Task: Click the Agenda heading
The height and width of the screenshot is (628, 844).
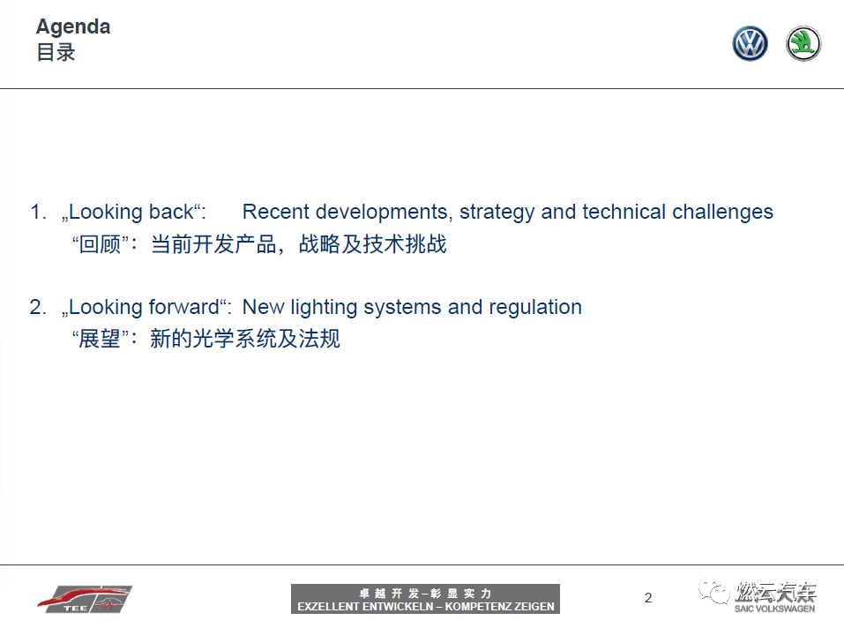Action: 73,27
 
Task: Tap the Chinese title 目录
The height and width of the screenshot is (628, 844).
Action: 56,53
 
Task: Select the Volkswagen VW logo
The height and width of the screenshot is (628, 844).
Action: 750,43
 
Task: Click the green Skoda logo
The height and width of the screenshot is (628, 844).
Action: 803,43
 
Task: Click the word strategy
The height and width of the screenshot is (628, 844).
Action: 497,213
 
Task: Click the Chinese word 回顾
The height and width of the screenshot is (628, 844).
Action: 100,244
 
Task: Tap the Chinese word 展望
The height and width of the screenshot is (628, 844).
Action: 100,339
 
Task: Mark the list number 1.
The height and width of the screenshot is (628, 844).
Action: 38,212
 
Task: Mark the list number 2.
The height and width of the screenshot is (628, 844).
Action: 38,307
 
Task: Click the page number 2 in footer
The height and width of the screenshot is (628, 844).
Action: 648,598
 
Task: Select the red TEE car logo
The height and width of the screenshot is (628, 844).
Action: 85,598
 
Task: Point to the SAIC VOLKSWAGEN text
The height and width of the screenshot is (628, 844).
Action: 774,609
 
